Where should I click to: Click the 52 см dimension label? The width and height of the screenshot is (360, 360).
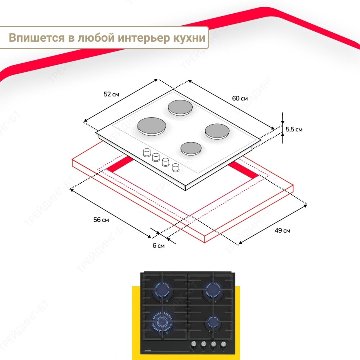tap(111, 94)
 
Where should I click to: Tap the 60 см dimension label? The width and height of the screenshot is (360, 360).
tap(240, 98)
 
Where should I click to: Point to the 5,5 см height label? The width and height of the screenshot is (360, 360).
tap(294, 129)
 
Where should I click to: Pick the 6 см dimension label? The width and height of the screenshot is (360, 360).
tap(158, 246)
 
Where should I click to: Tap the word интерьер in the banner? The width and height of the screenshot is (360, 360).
tap(142, 38)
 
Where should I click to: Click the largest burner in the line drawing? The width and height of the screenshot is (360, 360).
tap(152, 126)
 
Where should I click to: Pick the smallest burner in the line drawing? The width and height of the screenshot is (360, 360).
tap(190, 148)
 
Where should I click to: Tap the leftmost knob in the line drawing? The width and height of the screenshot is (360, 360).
tap(147, 152)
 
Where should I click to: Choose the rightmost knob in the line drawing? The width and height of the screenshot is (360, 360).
tap(176, 167)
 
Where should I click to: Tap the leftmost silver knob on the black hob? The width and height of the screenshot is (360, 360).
tap(193, 345)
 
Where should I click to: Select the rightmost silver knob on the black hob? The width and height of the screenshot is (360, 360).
tap(224, 345)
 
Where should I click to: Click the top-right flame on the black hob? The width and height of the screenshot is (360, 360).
tap(212, 290)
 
